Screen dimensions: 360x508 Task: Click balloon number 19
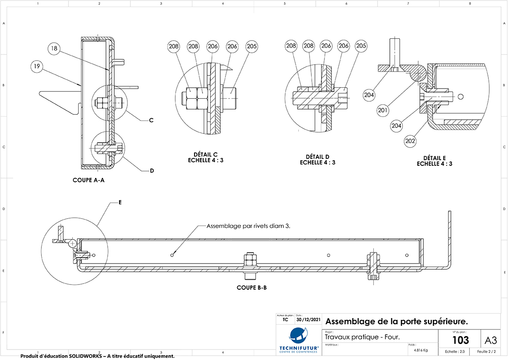pos(37,66)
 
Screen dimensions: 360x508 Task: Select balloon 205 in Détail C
pos(252,46)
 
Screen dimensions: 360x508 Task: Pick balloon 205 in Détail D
pos(361,46)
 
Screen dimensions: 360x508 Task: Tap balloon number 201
pos(382,110)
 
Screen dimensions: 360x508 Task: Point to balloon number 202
pos(410,141)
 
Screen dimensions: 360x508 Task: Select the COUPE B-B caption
pos(252,288)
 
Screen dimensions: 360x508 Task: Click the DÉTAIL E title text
pos(434,161)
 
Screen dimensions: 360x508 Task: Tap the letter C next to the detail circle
pos(151,120)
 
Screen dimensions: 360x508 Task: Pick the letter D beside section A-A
pos(152,171)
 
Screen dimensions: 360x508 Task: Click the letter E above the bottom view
pos(120,202)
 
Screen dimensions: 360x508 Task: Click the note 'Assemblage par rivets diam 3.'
pos(249,226)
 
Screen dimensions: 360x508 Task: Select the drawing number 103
pos(460,340)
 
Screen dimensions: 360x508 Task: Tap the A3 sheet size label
pos(491,339)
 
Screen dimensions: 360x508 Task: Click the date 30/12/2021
pos(308,319)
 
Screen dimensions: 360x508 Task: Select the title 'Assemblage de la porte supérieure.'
pos(397,322)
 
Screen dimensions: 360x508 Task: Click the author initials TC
pos(285,319)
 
